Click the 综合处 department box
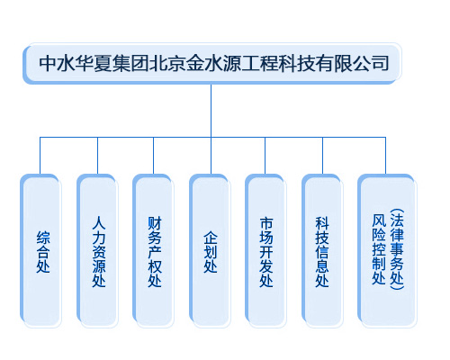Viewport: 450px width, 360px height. [40, 251]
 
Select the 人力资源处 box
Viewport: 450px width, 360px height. [97, 251]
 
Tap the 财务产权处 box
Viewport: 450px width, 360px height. [153, 251]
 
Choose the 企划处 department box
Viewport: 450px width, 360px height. [210, 251]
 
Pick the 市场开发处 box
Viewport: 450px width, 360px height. [265, 251]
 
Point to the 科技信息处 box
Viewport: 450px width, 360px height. [322, 251]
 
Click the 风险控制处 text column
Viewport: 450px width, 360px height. [379, 249]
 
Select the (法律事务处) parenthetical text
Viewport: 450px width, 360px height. [397, 249]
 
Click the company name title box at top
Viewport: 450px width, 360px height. [212, 64]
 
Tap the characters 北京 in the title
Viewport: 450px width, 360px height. [167, 63]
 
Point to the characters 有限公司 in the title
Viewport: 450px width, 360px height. [353, 63]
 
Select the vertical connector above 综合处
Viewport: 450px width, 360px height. [40, 156]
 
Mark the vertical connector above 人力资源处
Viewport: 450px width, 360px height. [97, 156]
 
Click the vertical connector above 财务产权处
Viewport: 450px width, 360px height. [153, 156]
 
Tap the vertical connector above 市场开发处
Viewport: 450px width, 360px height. [265, 156]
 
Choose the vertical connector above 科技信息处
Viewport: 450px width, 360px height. [322, 156]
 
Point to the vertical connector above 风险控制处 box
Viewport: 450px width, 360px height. [385, 156]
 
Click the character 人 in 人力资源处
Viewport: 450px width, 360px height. [99, 223]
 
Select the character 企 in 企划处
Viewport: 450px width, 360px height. [211, 238]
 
